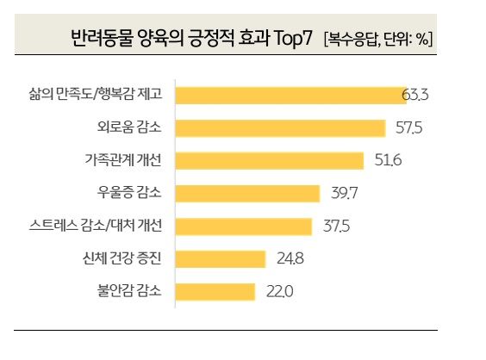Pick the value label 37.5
pyautogui.click(x=335, y=226)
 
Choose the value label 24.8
pyautogui.click(x=289, y=258)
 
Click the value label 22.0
pyautogui.click(x=279, y=291)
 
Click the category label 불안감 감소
pyautogui.click(x=136, y=291)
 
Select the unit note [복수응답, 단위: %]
pyautogui.click(x=378, y=40)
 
